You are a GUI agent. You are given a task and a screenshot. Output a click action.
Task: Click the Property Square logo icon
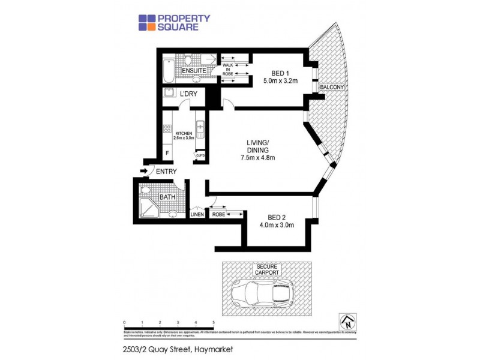(147, 22)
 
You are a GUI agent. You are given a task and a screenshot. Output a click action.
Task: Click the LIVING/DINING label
(257, 146)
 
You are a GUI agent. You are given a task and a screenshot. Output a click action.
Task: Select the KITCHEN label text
(183, 133)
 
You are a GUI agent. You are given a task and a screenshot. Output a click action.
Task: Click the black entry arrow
(144, 172)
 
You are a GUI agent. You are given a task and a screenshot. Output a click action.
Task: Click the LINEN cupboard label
(197, 214)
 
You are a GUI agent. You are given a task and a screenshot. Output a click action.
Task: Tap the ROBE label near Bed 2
(219, 214)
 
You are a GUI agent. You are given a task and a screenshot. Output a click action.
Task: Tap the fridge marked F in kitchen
(167, 152)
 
